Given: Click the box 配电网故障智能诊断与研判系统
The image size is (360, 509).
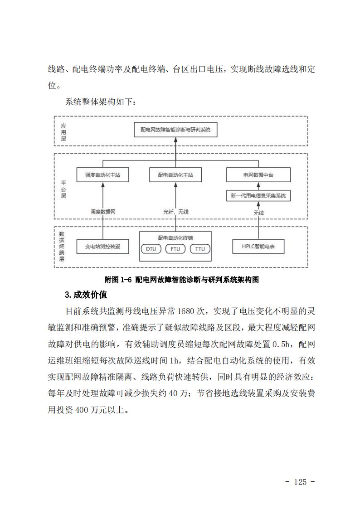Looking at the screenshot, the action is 175,130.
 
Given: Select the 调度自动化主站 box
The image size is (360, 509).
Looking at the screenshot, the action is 102,175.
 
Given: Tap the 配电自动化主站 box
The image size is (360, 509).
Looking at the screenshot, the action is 175,175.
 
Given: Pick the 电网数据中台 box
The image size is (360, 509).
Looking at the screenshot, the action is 258,175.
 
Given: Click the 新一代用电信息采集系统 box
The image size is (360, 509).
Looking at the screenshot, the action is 258,196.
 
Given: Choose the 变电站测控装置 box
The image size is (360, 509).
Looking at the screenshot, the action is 102,247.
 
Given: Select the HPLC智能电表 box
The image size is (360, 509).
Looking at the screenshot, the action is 258,247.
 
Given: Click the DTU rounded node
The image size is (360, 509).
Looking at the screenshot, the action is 151,249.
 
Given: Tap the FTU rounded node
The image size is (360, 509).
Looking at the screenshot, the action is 175,249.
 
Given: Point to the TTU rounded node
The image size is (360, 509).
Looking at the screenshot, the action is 200,249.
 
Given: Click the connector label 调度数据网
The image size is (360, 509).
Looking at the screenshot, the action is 103,212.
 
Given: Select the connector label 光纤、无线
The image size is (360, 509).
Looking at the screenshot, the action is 175,212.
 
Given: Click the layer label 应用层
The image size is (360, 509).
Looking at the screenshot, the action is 63,132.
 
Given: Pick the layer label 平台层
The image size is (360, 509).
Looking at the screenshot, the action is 63,189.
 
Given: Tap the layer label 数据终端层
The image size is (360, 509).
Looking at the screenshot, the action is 62,247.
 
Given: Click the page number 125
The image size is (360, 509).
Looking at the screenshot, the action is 300,482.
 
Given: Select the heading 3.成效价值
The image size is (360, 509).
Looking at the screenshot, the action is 86,295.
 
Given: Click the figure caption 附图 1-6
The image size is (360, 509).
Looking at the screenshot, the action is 118,280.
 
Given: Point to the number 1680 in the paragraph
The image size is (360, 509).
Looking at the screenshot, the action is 186,311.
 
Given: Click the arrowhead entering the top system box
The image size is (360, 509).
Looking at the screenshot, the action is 175,140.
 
